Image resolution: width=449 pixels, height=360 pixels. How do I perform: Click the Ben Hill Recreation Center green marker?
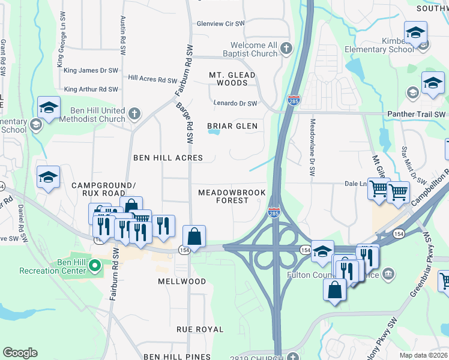click(x=94, y=265)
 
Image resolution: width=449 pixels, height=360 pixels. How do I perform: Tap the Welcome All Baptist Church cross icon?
click(x=287, y=49)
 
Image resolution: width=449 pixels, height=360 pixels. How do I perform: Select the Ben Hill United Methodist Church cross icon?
click(x=135, y=113)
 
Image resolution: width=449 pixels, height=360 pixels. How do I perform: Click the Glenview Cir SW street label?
click(x=221, y=24)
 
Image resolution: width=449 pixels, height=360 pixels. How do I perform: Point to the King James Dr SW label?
click(x=91, y=70)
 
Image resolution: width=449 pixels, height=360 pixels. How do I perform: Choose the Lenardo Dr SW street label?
click(x=236, y=103)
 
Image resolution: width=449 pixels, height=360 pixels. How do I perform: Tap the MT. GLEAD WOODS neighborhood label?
click(x=232, y=79)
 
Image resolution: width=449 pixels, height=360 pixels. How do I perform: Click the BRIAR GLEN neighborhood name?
click(x=232, y=126)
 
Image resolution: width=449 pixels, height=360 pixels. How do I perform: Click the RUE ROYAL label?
click(x=200, y=329)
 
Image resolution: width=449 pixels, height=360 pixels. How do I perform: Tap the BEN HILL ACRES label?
click(x=167, y=158)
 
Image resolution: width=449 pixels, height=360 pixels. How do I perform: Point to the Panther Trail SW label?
click(x=423, y=114)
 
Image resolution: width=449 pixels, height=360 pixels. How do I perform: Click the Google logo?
click(x=20, y=353)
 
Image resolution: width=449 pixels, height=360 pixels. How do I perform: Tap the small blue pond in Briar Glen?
click(x=213, y=133)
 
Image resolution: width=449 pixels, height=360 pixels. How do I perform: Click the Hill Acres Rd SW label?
click(x=152, y=79)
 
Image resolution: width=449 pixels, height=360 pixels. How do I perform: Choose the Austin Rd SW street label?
click(x=123, y=33)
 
